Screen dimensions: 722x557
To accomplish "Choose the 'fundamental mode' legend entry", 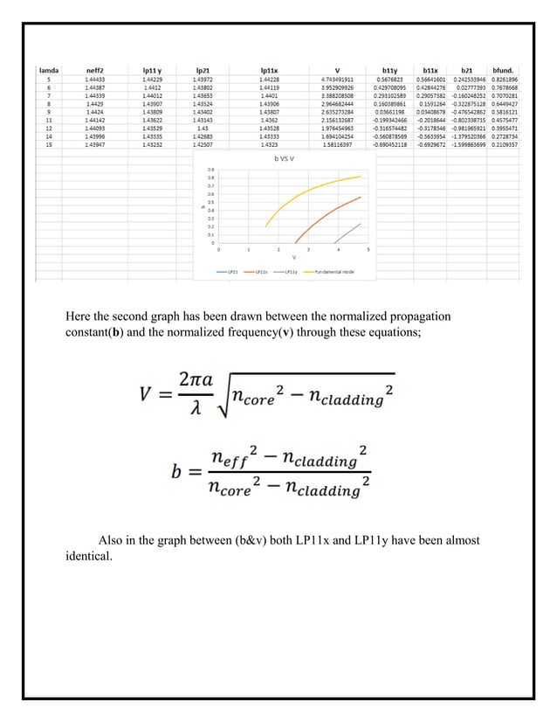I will tap(335, 272).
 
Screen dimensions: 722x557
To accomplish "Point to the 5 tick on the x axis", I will tap(368, 250).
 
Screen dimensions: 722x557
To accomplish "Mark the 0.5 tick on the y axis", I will tap(210, 203).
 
